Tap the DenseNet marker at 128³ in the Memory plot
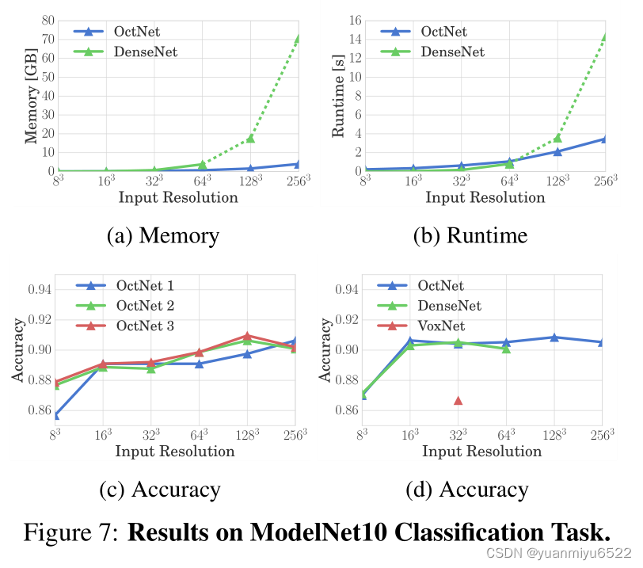(250, 138)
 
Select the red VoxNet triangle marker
(458, 400)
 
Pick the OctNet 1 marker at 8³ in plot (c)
(54, 415)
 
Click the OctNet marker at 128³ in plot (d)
(554, 337)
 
